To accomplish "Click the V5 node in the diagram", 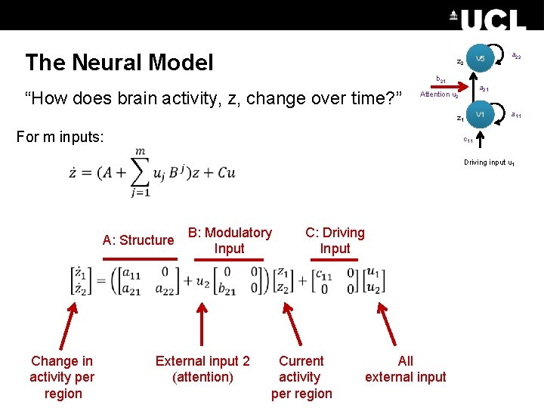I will [x=481, y=59].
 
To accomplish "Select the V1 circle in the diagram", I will [x=481, y=114].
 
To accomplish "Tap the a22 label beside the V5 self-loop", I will [x=517, y=55].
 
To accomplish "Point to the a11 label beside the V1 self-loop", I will [x=516, y=115].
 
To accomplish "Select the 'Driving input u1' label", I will [x=490, y=162].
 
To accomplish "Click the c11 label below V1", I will [x=468, y=140].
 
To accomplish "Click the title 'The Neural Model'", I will [x=119, y=62].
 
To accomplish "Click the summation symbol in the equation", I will [x=139, y=172].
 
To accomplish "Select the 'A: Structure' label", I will [x=138, y=240].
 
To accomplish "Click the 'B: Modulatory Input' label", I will [x=230, y=240].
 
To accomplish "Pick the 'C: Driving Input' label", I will [x=335, y=240].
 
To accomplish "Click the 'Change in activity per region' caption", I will [x=62, y=377].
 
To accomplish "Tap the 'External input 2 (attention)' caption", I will [x=202, y=369].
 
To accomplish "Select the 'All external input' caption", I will [x=406, y=369].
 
